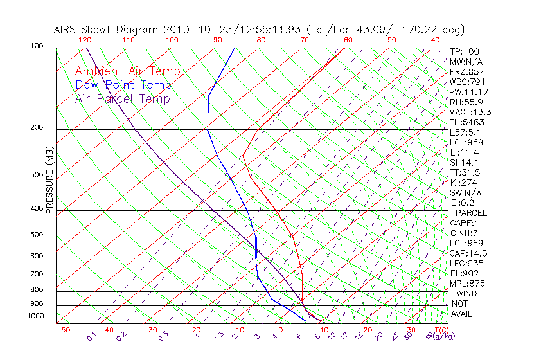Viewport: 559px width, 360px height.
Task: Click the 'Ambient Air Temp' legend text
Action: coord(127,71)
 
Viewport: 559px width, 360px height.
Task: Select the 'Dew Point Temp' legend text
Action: coord(123,85)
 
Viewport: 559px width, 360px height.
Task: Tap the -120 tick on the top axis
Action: coord(82,40)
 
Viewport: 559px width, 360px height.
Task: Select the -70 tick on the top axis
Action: coord(301,40)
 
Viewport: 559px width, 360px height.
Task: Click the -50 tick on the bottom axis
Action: coord(62,330)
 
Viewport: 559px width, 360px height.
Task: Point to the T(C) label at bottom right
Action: coord(440,330)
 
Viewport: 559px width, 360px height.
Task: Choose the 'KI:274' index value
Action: coord(463,183)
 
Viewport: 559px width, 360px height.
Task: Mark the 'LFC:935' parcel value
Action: coord(465,264)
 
